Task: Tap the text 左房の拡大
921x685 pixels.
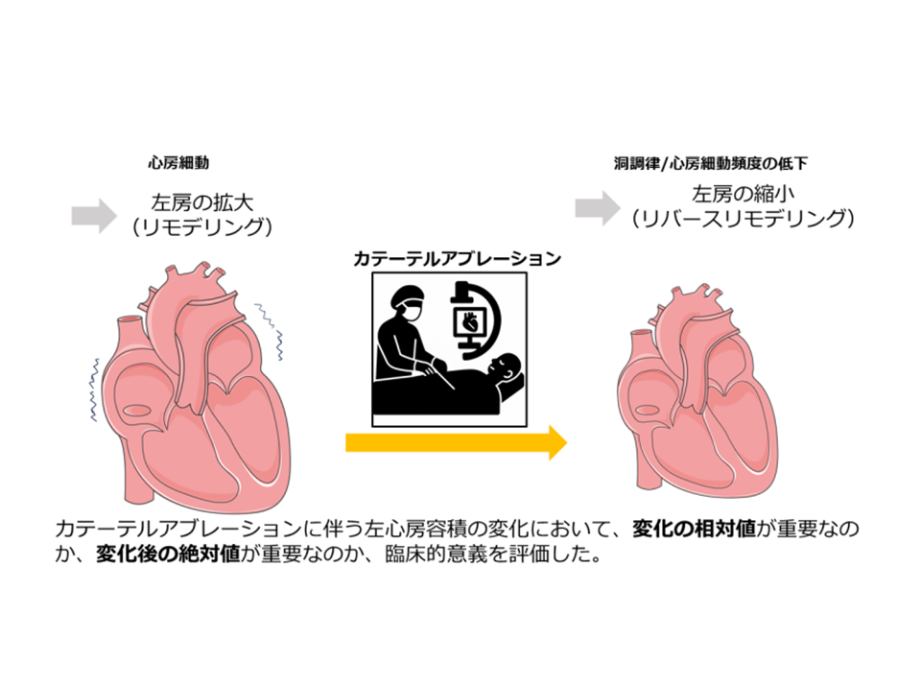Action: tap(199, 202)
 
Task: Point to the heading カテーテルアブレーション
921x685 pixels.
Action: tap(452, 259)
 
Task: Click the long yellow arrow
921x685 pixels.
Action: tap(457, 442)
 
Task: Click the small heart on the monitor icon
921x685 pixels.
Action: tap(470, 323)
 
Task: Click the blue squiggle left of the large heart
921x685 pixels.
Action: tap(96, 389)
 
